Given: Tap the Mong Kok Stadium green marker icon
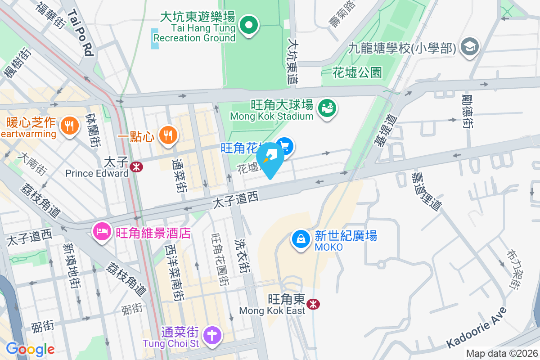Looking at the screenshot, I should click(328, 108).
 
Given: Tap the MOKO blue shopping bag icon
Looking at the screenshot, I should click(301, 238).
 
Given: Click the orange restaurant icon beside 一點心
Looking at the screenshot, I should click(168, 135).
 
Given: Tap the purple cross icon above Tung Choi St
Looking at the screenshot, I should click(211, 335).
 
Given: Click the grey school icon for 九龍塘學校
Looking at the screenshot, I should click(470, 46).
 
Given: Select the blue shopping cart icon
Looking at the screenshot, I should click(285, 146).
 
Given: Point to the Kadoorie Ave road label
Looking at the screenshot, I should click(477, 327).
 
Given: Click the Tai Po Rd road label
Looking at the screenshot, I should click(81, 34).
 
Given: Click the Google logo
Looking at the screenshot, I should click(30, 349).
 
